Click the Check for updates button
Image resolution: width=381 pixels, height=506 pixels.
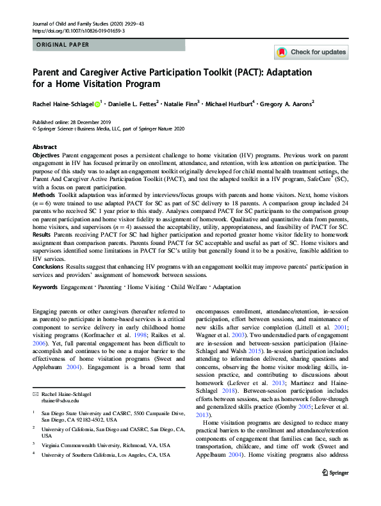(x=311, y=52)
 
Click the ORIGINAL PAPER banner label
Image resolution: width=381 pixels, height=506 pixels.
(x=62, y=45)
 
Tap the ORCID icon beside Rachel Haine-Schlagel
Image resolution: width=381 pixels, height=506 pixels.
(x=97, y=104)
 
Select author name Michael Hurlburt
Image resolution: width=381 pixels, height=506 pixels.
(x=229, y=104)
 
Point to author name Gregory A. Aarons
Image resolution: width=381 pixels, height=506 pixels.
(x=286, y=104)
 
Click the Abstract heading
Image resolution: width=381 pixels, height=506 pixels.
(x=44, y=146)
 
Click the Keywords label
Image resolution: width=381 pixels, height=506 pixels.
(x=45, y=288)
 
